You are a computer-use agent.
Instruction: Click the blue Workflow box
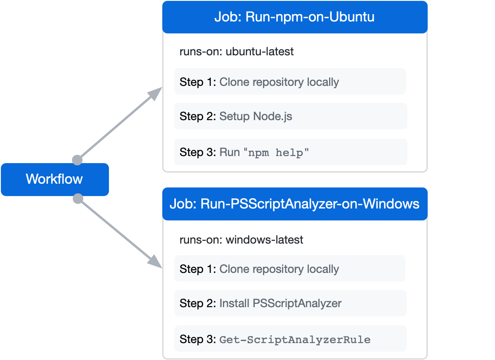[54, 179]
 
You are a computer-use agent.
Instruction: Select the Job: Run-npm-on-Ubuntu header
[294, 17]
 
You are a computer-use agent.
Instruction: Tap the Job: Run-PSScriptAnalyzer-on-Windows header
[294, 204]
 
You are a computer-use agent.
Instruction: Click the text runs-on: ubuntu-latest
[237, 52]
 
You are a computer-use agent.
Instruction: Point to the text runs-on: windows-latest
[241, 239]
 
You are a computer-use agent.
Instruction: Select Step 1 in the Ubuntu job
[290, 82]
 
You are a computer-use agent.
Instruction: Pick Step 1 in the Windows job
[290, 269]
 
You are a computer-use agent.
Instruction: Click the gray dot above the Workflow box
[77, 160]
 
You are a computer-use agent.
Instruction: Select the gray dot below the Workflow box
[78, 199]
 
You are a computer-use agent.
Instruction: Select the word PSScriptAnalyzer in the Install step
[298, 303]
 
